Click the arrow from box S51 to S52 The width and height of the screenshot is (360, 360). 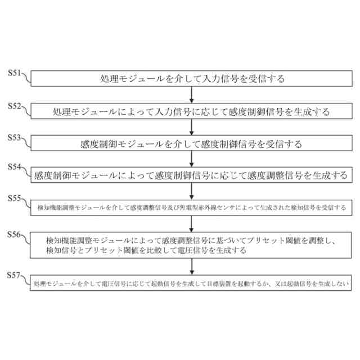click(x=192, y=95)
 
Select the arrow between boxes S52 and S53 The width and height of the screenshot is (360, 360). click(x=192, y=127)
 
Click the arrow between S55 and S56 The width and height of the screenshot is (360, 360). click(x=192, y=223)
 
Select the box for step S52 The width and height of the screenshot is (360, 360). click(x=192, y=111)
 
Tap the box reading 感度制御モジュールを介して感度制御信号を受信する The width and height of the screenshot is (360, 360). click(x=192, y=143)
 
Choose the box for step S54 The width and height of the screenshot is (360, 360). click(x=192, y=175)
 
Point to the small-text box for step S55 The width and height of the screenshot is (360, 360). click(x=192, y=208)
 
